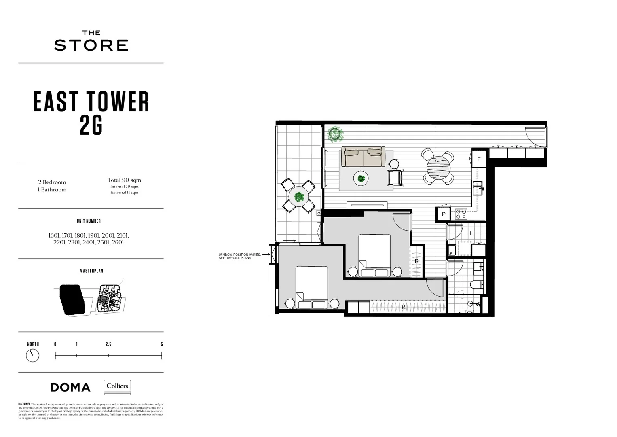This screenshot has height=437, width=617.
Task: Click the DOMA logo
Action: pyautogui.click(x=70, y=387)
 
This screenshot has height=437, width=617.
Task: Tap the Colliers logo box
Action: pyautogui.click(x=117, y=387)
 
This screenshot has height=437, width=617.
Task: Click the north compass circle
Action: pyautogui.click(x=32, y=356)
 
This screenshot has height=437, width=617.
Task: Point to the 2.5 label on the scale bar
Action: pyautogui.click(x=108, y=344)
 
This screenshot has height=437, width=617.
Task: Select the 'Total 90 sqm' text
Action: pyautogui.click(x=124, y=180)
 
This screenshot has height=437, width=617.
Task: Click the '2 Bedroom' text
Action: pyautogui.click(x=52, y=182)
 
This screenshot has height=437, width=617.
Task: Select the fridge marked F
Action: pyautogui.click(x=479, y=159)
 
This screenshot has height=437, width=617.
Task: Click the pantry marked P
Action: pyautogui.click(x=444, y=214)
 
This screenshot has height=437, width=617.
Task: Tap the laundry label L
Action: pyautogui.click(x=471, y=233)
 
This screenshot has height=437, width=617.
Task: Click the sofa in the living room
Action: pyautogui.click(x=363, y=157)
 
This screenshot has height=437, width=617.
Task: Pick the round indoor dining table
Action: pyautogui.click(x=437, y=168)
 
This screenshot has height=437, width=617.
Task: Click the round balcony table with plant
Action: pyautogui.click(x=299, y=197)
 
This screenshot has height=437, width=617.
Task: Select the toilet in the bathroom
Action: pyautogui.click(x=475, y=285)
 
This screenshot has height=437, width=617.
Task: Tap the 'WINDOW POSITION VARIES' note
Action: pyautogui.click(x=240, y=256)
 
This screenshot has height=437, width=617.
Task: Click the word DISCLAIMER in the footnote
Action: pyautogui.click(x=24, y=404)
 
